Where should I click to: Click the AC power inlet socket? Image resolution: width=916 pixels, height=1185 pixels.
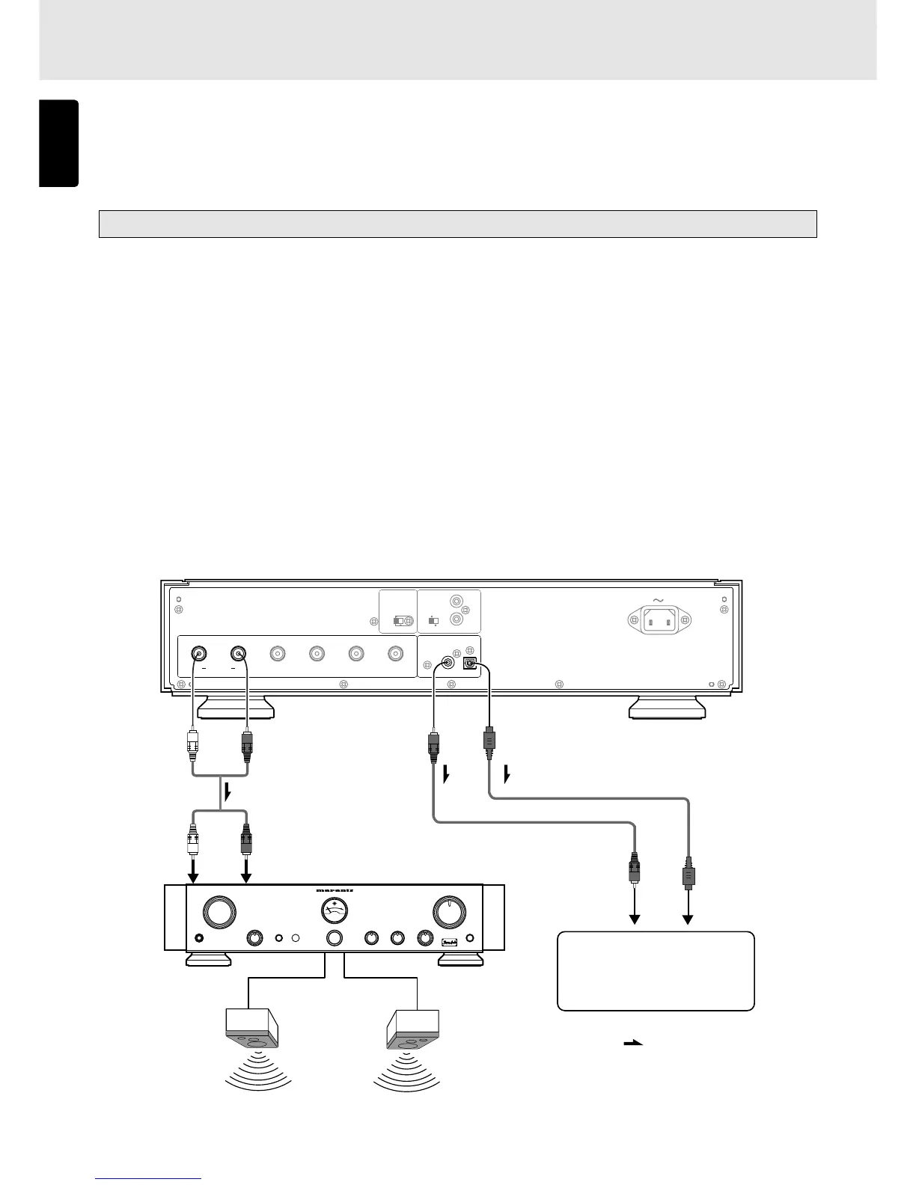pyautogui.click(x=659, y=619)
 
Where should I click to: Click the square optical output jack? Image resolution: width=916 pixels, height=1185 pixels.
pyautogui.click(x=470, y=663)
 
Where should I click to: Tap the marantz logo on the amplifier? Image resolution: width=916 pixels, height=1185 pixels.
pyautogui.click(x=334, y=889)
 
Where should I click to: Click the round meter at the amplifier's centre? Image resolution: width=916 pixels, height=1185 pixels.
pyautogui.click(x=335, y=910)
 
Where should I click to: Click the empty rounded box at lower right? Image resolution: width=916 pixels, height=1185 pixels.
pyautogui.click(x=656, y=971)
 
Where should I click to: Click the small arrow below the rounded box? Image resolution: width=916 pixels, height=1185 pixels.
pyautogui.click(x=634, y=1043)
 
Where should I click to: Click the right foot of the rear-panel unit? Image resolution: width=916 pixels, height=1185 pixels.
pyautogui.click(x=667, y=706)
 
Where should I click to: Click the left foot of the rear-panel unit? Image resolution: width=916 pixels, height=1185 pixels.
pyautogui.click(x=235, y=706)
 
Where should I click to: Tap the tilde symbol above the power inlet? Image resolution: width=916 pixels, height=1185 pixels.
pyautogui.click(x=659, y=600)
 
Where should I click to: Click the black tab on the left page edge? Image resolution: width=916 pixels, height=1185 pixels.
pyautogui.click(x=58, y=144)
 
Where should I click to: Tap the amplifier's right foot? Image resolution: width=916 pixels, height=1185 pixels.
pyautogui.click(x=459, y=958)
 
